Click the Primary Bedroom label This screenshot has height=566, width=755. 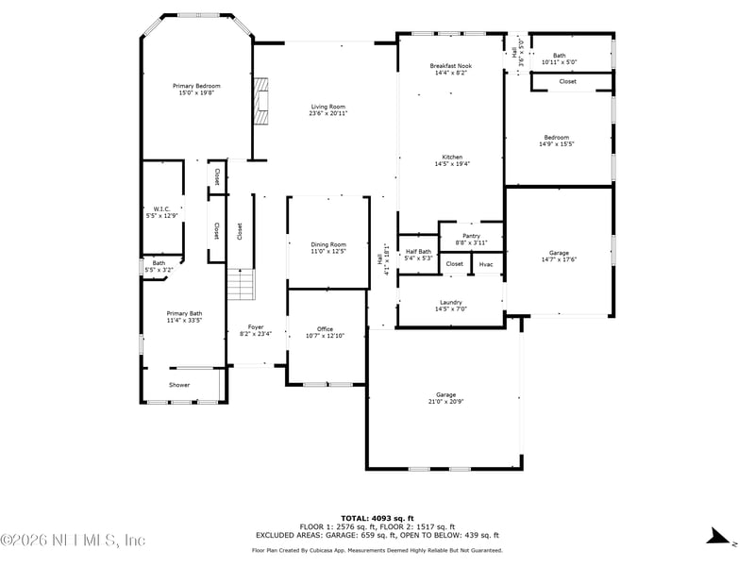click(x=196, y=86)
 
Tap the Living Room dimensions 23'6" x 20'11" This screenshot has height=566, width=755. click(x=328, y=113)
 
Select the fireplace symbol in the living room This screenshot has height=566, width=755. click(x=261, y=102)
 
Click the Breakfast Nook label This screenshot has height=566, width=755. click(x=451, y=66)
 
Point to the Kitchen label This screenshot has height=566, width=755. click(x=452, y=158)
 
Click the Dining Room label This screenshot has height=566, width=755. click(x=328, y=244)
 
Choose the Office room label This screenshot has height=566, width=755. click(x=325, y=329)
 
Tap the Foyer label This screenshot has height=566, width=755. click(x=256, y=327)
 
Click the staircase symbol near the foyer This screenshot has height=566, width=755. click(x=241, y=284)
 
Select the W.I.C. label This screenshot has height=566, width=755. click(x=161, y=208)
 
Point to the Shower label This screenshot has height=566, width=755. click(x=179, y=385)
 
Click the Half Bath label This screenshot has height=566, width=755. click(x=418, y=252)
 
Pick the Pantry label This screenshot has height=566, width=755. click(x=471, y=236)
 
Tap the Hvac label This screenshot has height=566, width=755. click(x=486, y=264)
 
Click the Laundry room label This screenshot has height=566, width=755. click(x=451, y=302)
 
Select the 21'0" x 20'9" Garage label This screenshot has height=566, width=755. click(x=445, y=398)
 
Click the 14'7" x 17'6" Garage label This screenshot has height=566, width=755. click(x=559, y=256)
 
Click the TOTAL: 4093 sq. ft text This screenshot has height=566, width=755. click(x=377, y=518)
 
